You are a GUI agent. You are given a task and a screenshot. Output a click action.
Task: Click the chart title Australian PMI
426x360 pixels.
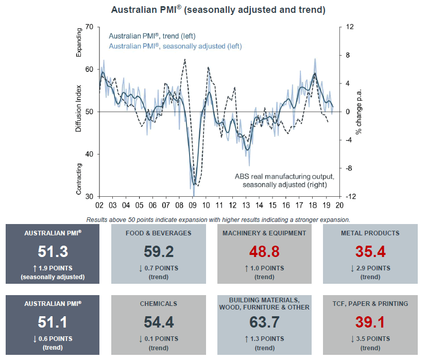coord(218,10)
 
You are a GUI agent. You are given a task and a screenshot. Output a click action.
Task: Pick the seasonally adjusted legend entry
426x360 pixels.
coord(175,46)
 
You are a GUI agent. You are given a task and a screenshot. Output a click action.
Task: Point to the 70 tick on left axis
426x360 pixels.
coord(88,27)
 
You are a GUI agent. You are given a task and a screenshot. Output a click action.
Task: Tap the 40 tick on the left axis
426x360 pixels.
coord(88,155)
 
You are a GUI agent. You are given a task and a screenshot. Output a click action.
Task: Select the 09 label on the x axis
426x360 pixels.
coord(193,205)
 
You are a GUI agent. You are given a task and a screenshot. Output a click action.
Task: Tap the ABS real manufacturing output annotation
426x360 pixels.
coord(284,180)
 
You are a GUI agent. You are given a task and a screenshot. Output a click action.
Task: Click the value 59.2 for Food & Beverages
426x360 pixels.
coord(159,251)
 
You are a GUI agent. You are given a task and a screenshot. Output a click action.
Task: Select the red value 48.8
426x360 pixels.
coord(264,251)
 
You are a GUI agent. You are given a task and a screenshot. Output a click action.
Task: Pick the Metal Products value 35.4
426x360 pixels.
coord(370,251)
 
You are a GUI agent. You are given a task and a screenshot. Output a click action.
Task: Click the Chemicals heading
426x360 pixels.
coord(159,304)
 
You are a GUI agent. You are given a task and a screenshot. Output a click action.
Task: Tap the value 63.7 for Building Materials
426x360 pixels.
coord(264,323)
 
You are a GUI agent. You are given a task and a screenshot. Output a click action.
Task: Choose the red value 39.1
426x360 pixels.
coord(370,323)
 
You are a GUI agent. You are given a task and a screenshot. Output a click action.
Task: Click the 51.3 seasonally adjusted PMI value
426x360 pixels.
coord(53,251)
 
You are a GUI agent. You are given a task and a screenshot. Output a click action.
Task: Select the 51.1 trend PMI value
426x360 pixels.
coord(53,323)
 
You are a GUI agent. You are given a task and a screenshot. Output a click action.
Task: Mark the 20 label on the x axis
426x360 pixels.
coord(339,205)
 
